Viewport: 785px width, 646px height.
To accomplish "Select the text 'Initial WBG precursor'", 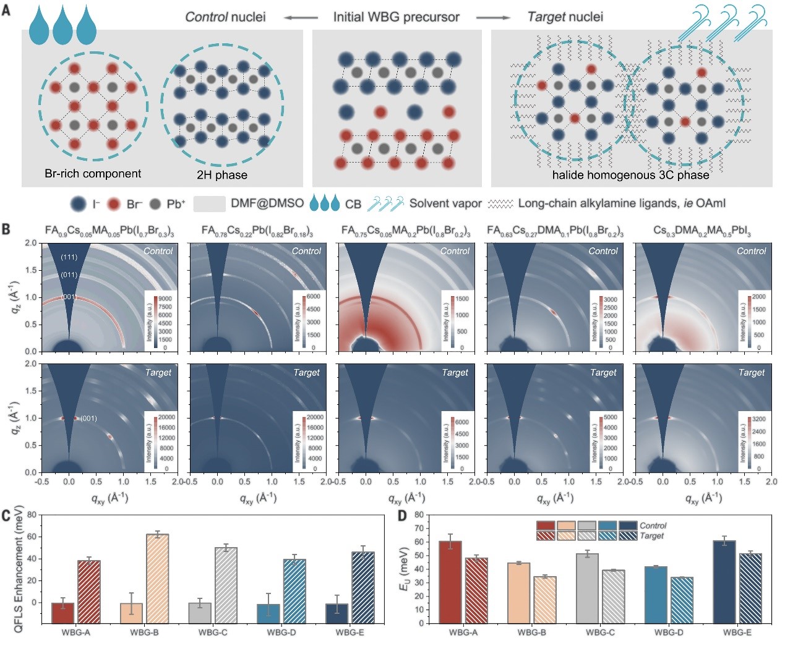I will tap(396, 17).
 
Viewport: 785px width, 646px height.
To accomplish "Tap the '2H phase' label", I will tap(221, 175).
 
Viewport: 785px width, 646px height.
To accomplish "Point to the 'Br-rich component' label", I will tap(93, 174).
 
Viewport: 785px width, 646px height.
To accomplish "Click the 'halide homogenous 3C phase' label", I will tap(630, 175).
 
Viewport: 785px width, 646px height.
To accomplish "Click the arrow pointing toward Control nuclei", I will tap(301, 17).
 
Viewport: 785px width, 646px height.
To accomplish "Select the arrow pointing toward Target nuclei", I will tap(494, 17).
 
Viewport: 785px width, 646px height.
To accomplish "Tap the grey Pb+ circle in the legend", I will tap(155, 204).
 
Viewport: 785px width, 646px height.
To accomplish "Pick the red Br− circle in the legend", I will tap(113, 204).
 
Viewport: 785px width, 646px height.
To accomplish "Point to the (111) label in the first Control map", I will tap(69, 257).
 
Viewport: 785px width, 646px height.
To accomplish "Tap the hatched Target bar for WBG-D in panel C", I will tap(294, 592).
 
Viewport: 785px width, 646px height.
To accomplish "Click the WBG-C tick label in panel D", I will tap(600, 632).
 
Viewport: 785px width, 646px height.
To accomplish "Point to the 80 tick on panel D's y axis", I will tap(419, 515).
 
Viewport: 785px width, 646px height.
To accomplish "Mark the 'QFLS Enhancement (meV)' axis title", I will tap(19, 569).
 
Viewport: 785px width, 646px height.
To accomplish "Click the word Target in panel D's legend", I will tap(651, 536).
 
